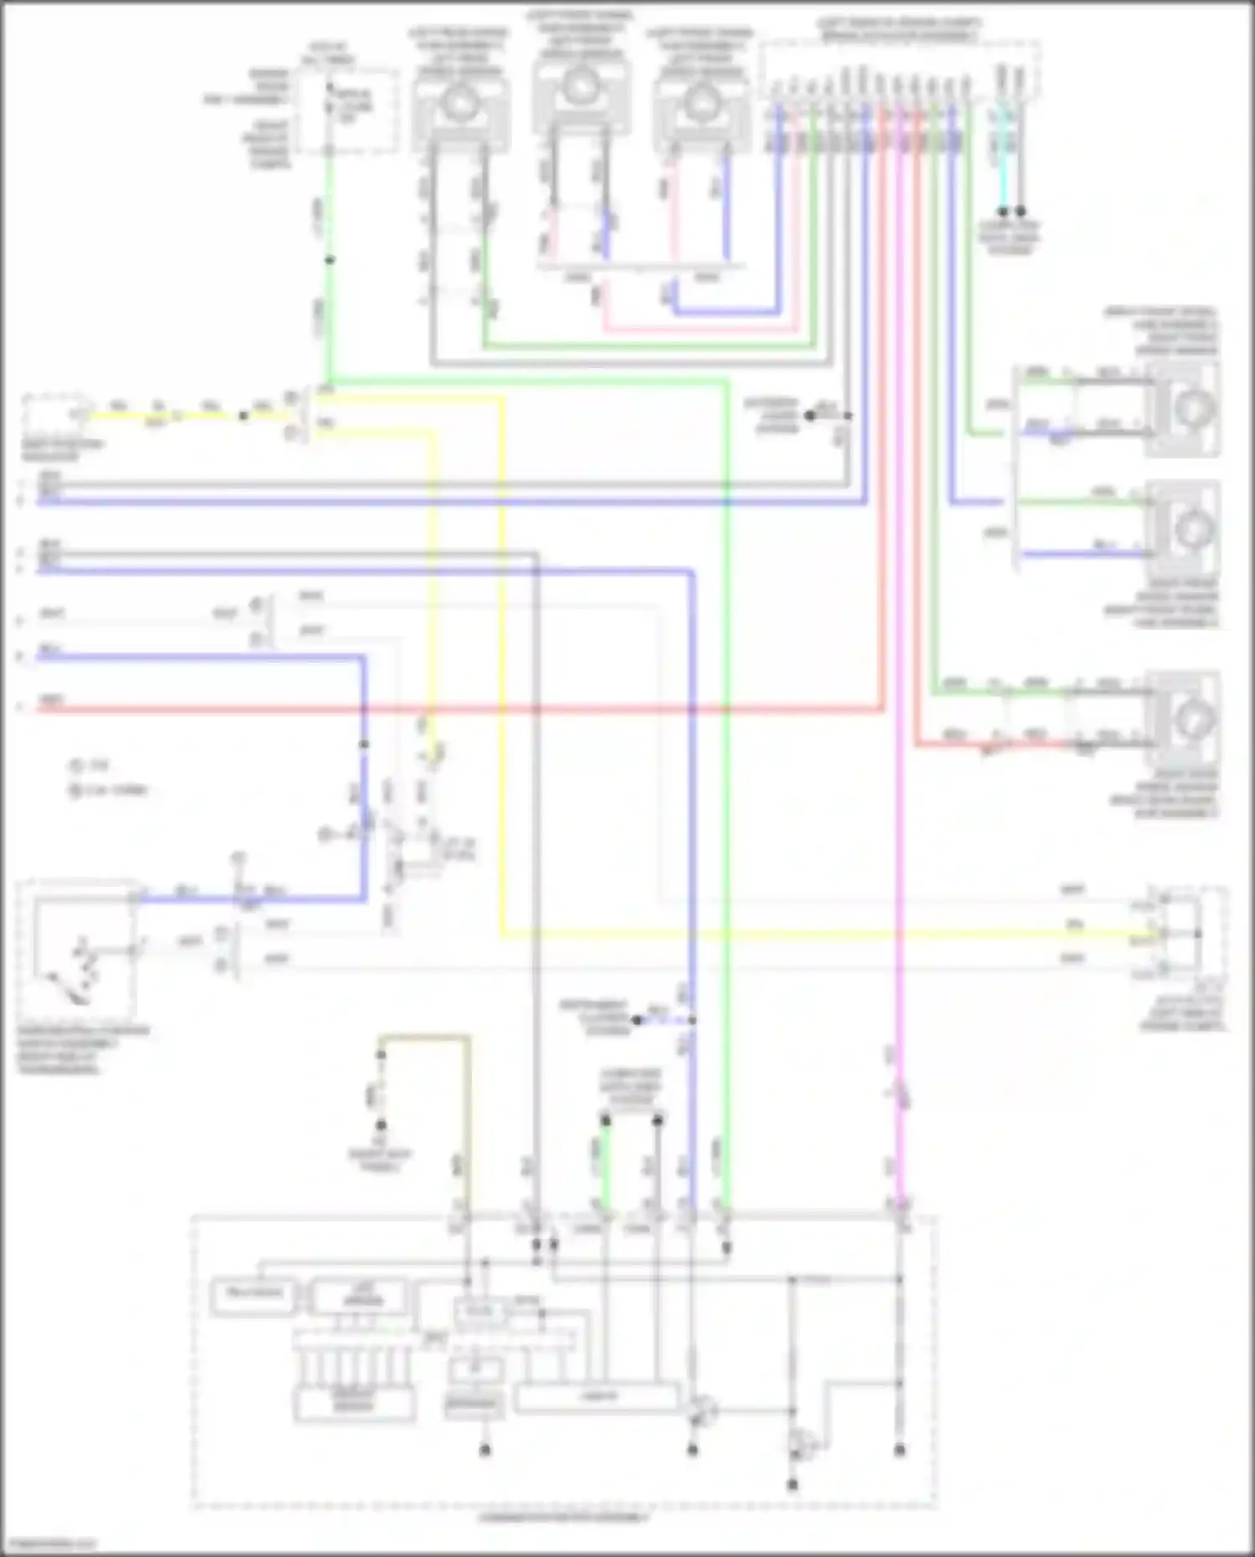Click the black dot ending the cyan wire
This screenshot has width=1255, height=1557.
tap(1003, 212)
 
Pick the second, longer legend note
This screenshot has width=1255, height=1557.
tap(109, 790)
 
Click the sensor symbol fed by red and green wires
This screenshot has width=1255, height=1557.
tap(1182, 717)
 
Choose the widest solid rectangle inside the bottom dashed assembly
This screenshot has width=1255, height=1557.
tap(597, 1398)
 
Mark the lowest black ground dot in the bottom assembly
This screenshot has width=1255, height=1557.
tap(792, 1485)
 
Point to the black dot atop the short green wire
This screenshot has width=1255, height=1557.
tap(605, 1119)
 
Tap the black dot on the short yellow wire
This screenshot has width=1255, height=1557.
tap(243, 416)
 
